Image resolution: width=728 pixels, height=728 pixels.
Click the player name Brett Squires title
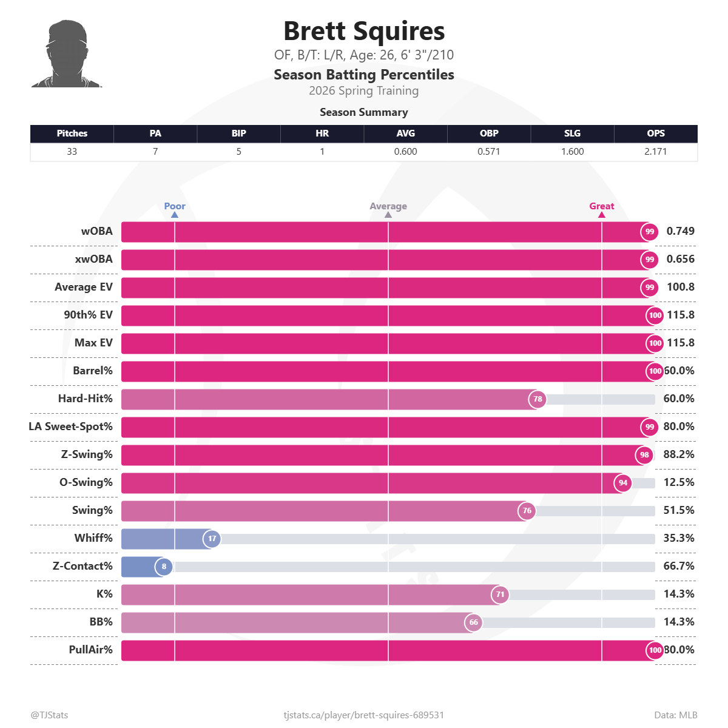coord(364,32)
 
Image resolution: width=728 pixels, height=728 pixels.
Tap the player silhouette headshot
coord(67,55)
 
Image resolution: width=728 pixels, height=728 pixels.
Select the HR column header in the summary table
coord(322,133)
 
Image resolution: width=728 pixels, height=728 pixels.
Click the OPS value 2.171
coord(655,152)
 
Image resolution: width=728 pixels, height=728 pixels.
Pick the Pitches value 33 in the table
coord(72,152)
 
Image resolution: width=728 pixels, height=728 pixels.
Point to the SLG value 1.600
coord(572,152)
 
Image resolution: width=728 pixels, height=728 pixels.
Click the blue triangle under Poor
coord(175,215)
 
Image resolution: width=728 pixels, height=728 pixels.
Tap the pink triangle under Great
coord(602,215)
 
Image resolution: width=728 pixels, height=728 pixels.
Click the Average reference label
coord(388,206)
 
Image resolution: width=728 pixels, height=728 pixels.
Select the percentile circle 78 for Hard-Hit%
coord(538,399)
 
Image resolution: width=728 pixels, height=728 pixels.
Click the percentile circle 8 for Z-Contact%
coord(164,567)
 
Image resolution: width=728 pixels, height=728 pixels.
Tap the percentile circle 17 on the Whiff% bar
coord(212,539)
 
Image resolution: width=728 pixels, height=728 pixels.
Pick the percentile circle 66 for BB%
coord(474,622)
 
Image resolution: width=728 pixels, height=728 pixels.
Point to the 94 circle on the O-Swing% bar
coord(623,483)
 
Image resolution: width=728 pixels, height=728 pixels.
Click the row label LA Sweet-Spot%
coord(71,426)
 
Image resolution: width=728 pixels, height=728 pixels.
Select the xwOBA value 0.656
coord(680,259)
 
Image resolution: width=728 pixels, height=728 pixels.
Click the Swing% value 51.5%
coord(679,510)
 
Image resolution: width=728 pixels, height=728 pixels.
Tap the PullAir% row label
coord(90,650)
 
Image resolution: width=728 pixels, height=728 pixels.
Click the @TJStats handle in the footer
coord(50,715)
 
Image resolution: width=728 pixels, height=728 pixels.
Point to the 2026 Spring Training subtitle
coord(364,91)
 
